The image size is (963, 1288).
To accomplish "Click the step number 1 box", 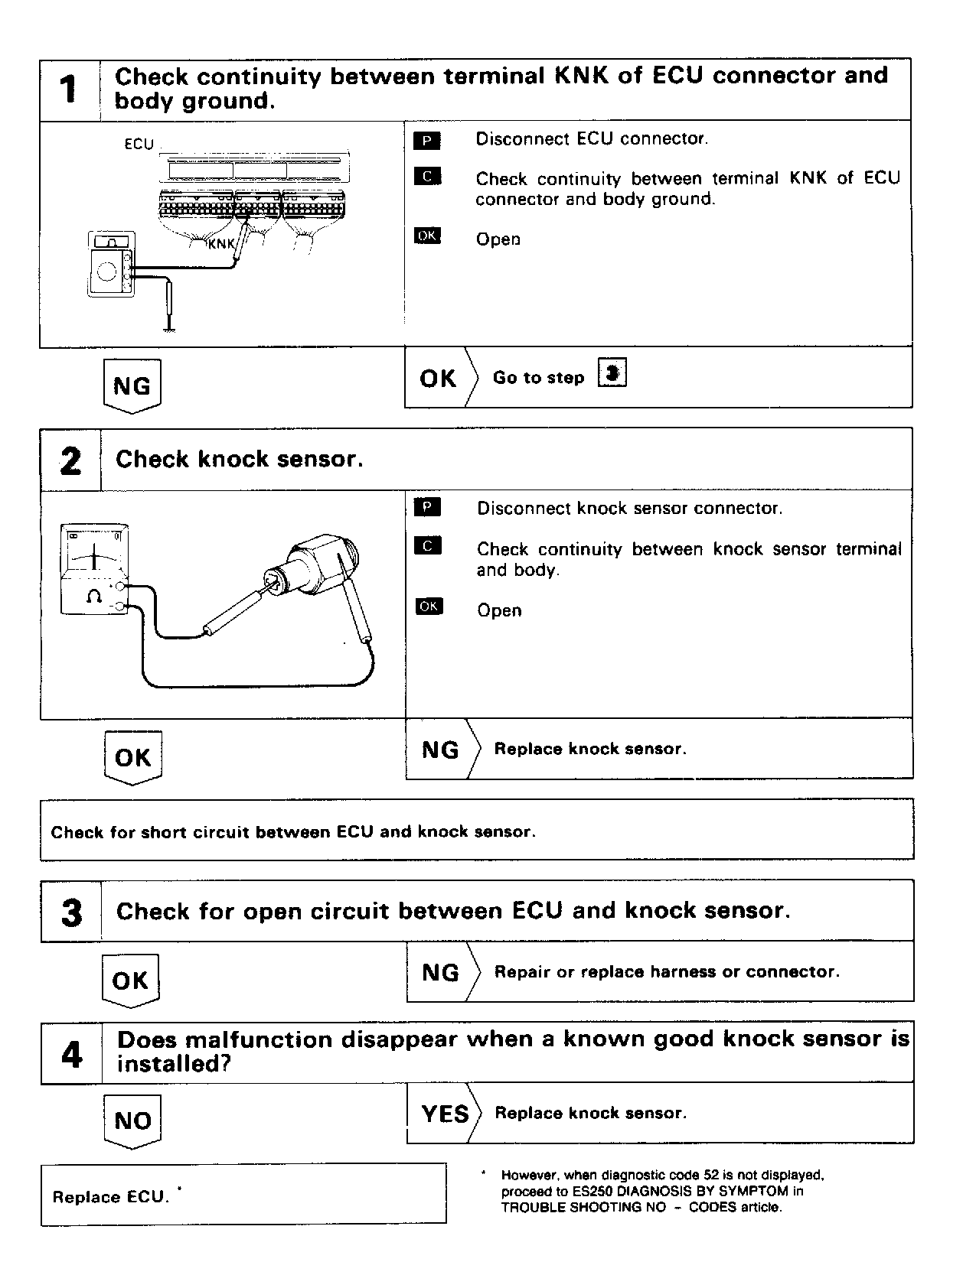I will tap(69, 89).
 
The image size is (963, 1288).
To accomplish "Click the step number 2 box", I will tap(70, 460).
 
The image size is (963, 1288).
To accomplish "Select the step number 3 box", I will tap(71, 912).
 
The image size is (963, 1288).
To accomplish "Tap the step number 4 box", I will tap(71, 1054).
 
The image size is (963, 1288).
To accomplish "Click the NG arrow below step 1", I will tap(132, 386).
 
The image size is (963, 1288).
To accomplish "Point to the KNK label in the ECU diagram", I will tap(221, 244).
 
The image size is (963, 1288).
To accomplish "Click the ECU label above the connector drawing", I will tap(139, 144).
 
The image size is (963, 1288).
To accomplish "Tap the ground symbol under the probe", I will tap(170, 329).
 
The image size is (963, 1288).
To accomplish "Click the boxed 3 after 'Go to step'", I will tap(612, 374).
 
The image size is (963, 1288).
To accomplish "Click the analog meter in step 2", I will tap(94, 569).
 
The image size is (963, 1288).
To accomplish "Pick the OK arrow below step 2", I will tap(132, 758).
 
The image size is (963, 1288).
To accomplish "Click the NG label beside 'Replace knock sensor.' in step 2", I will tap(440, 750).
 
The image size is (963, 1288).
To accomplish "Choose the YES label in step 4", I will tap(445, 1114).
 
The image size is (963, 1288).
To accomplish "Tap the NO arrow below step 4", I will tap(132, 1121).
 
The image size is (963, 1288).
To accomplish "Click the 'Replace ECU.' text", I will tap(109, 1197).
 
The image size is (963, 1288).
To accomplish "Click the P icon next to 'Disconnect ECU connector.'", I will tap(426, 140).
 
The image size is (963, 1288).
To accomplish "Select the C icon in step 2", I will tap(428, 546).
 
